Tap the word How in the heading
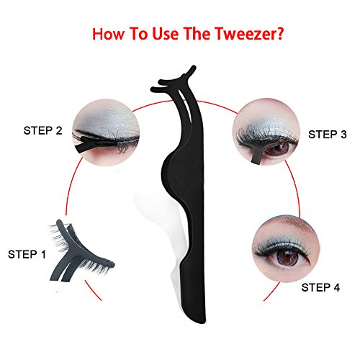pyautogui.click(x=108, y=34)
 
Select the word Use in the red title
pyautogui.click(x=165, y=34)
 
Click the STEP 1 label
pyautogui.click(x=27, y=254)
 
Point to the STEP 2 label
pyautogui.click(x=42, y=130)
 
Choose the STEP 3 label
pyautogui.click(x=328, y=135)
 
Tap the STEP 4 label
pyautogui.click(x=320, y=287)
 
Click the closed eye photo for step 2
pyautogui.click(x=106, y=133)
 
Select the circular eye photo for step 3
pyautogui.click(x=266, y=132)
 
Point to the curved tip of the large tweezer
pyautogui.click(x=174, y=79)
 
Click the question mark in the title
pyautogui.click(x=279, y=33)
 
